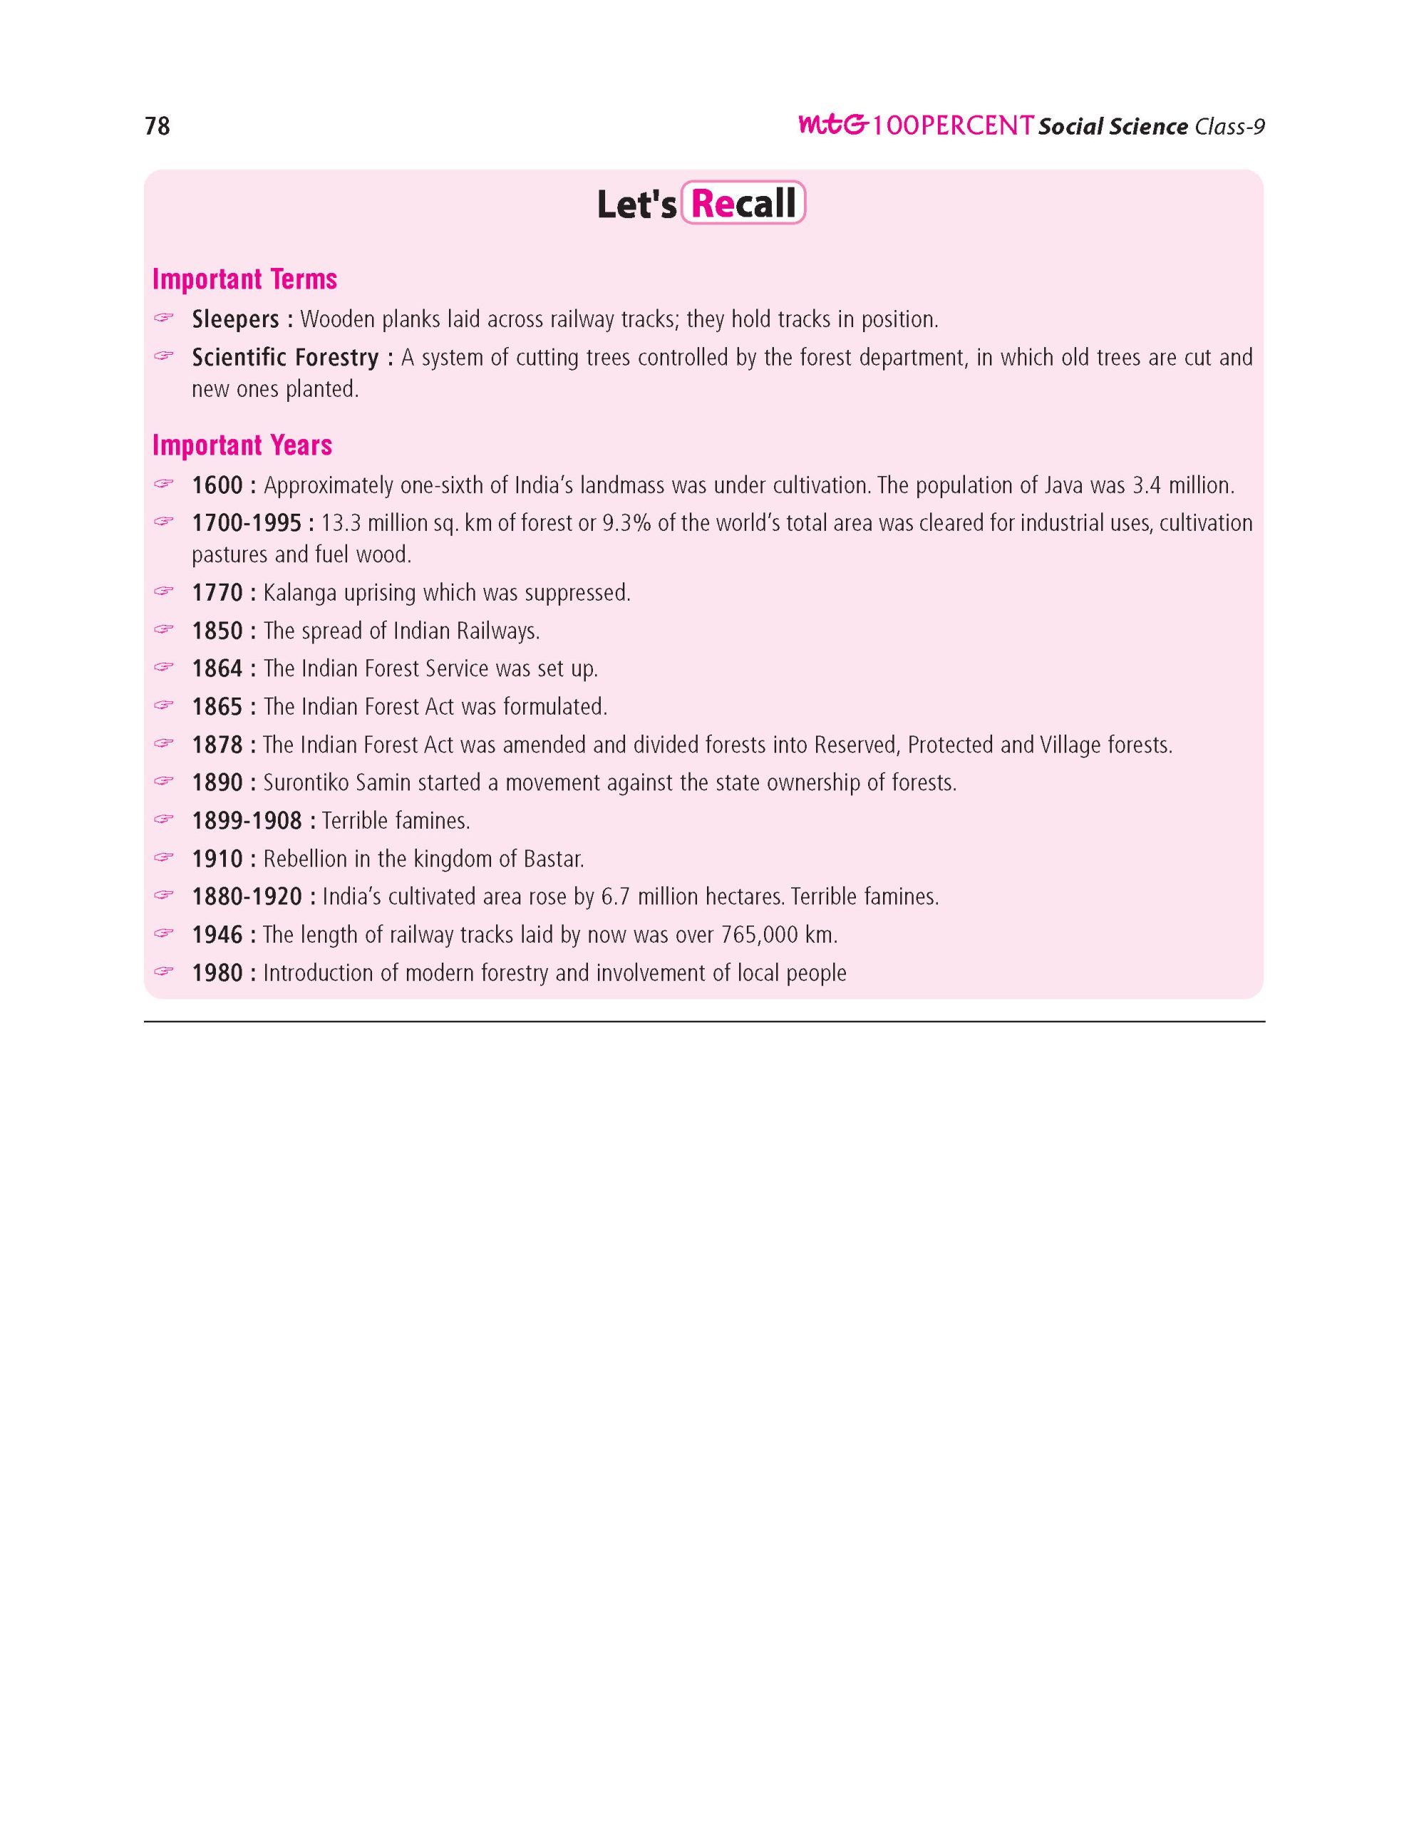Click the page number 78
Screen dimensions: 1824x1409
pyautogui.click(x=157, y=126)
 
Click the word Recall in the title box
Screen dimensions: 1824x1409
pyautogui.click(x=743, y=204)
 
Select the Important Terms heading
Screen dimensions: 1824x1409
pyautogui.click(x=244, y=279)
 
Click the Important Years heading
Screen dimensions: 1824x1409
pyautogui.click(x=242, y=445)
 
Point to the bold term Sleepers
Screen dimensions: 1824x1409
pyautogui.click(x=234, y=319)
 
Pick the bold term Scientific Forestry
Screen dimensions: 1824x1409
pyautogui.click(x=285, y=358)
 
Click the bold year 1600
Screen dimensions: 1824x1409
pyautogui.click(x=217, y=485)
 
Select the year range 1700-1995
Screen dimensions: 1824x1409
pyautogui.click(x=247, y=523)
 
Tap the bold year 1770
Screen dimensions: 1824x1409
pyautogui.click(x=217, y=593)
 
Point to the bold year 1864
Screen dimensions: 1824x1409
pyautogui.click(x=217, y=669)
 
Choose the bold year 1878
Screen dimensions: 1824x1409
pyautogui.click(x=217, y=745)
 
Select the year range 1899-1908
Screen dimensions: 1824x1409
pyautogui.click(x=247, y=821)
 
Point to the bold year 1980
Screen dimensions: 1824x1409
pyautogui.click(x=217, y=973)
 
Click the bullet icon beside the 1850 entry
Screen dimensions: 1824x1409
pyautogui.click(x=164, y=629)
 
